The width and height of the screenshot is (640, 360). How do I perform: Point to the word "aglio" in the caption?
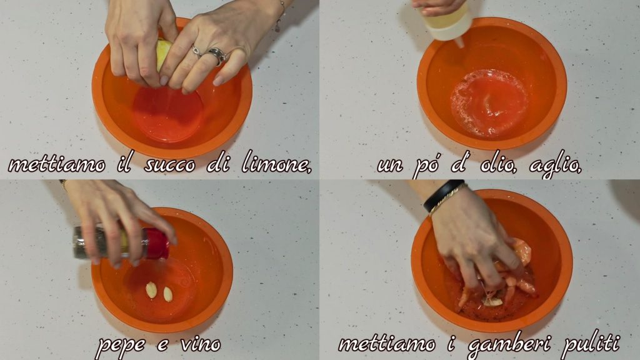coord(555,165)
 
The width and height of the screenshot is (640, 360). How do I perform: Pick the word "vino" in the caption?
coord(201,345)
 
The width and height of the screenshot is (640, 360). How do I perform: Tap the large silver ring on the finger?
coord(217,56)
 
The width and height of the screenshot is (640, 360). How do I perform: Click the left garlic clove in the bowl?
coord(151,290)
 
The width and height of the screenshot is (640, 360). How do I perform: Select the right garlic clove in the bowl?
coord(167,294)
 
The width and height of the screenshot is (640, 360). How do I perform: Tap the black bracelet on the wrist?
coord(443,195)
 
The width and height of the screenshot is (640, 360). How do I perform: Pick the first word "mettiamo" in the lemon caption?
coord(57,164)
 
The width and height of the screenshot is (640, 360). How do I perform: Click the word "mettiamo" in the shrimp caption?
coord(387,344)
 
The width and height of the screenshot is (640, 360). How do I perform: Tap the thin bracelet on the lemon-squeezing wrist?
coord(280,16)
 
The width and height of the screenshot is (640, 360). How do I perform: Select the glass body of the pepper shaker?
coord(109,242)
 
